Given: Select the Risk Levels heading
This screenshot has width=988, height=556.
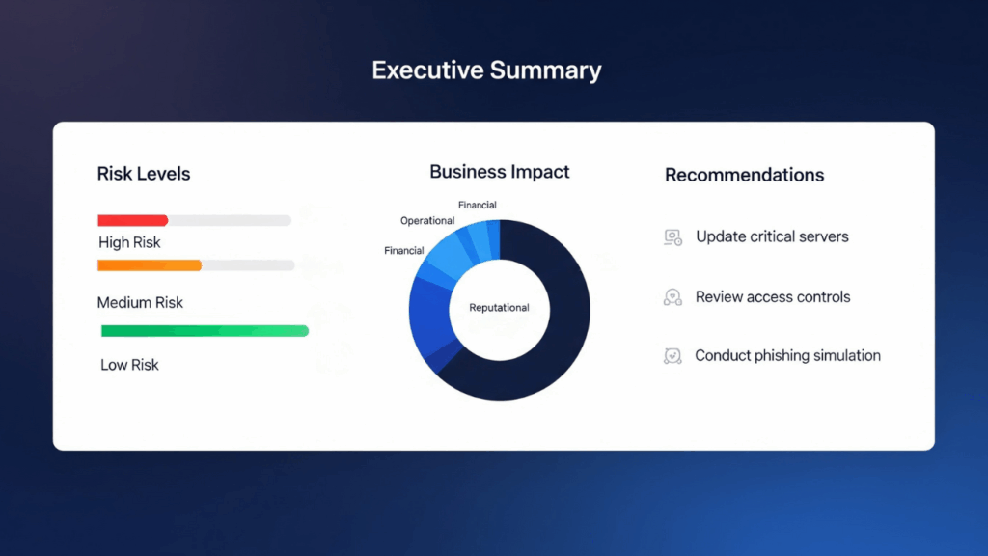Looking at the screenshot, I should (x=144, y=175).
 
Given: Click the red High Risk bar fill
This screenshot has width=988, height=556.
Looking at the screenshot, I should (x=133, y=220).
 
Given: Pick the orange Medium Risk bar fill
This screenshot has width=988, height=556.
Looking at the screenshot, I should (x=150, y=265).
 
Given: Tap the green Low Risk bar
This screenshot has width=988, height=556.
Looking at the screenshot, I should (x=205, y=331).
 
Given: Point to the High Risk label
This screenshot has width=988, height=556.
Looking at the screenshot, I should (x=129, y=242).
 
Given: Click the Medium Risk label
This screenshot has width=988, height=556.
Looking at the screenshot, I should (x=140, y=302).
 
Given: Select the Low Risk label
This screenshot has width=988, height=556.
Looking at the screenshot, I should (x=129, y=365).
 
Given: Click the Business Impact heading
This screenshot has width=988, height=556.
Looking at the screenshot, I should (x=500, y=172).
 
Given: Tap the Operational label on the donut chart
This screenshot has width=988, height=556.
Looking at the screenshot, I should (x=427, y=221).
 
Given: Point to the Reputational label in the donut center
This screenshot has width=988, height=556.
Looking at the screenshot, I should (x=499, y=308).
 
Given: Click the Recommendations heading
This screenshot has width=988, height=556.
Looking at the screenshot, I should (x=745, y=175).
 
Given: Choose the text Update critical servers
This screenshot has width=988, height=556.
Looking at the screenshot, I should (x=772, y=236).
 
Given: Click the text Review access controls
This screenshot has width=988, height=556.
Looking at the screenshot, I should (x=773, y=297).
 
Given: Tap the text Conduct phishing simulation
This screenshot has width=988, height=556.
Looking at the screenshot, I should (x=787, y=355).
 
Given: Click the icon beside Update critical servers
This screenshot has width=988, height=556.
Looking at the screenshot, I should (x=672, y=237).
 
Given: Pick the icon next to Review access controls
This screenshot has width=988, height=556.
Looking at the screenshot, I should (x=672, y=297).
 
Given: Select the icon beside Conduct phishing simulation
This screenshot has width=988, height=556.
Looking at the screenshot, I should (x=672, y=356).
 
